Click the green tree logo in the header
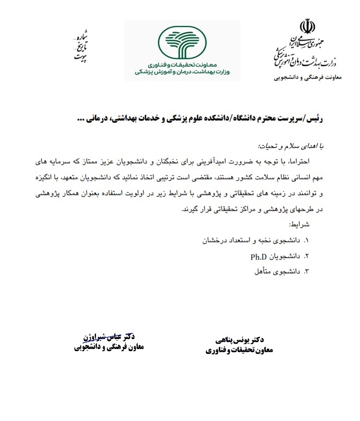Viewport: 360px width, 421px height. click(x=182, y=42)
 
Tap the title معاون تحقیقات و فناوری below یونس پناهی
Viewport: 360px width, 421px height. click(x=237, y=350)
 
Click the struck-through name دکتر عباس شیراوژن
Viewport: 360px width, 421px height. click(x=110, y=336)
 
